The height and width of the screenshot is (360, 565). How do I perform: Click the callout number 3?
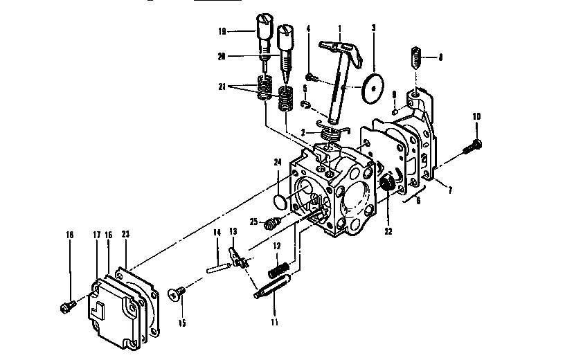[373, 29]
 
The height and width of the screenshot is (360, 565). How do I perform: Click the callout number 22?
[388, 231]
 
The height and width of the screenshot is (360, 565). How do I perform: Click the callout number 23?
[125, 235]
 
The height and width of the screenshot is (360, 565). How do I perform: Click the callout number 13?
[233, 231]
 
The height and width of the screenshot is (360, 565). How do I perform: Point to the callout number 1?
[340, 29]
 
